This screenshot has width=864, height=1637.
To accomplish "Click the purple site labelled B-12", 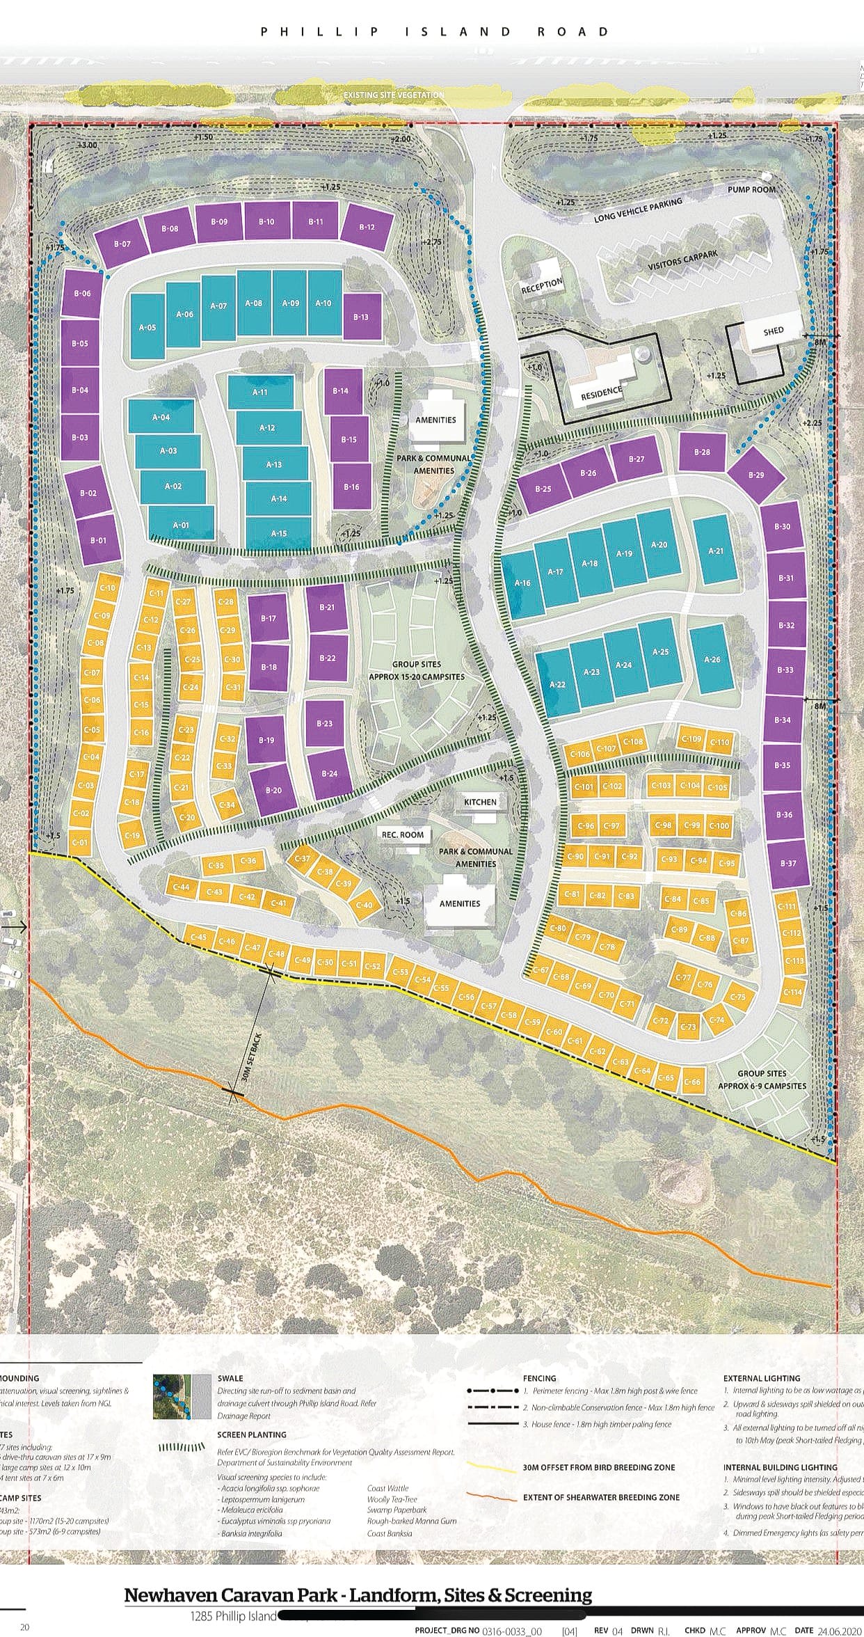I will point(367,228).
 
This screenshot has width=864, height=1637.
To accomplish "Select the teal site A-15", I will point(278,534).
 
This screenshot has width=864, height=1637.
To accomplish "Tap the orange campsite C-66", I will point(692,1082).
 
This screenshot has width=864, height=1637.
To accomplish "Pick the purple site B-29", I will point(756,475).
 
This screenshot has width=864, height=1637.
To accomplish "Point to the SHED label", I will point(773,331).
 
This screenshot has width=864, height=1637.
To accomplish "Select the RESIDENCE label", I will point(602,393).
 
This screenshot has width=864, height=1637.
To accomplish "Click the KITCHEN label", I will point(480,802).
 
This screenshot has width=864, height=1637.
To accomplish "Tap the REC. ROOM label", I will point(402,835).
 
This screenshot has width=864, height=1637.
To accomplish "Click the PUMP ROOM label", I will point(751,189).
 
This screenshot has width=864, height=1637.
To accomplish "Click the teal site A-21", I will point(715,551).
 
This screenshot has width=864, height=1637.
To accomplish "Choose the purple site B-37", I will point(787,863).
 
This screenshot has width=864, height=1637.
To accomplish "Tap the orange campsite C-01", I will point(80,842).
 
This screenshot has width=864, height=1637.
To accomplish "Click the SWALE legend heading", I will point(230,1377).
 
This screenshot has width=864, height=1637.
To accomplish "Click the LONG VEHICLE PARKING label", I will point(638,209).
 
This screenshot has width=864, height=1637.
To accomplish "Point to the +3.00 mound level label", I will point(88,144).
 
